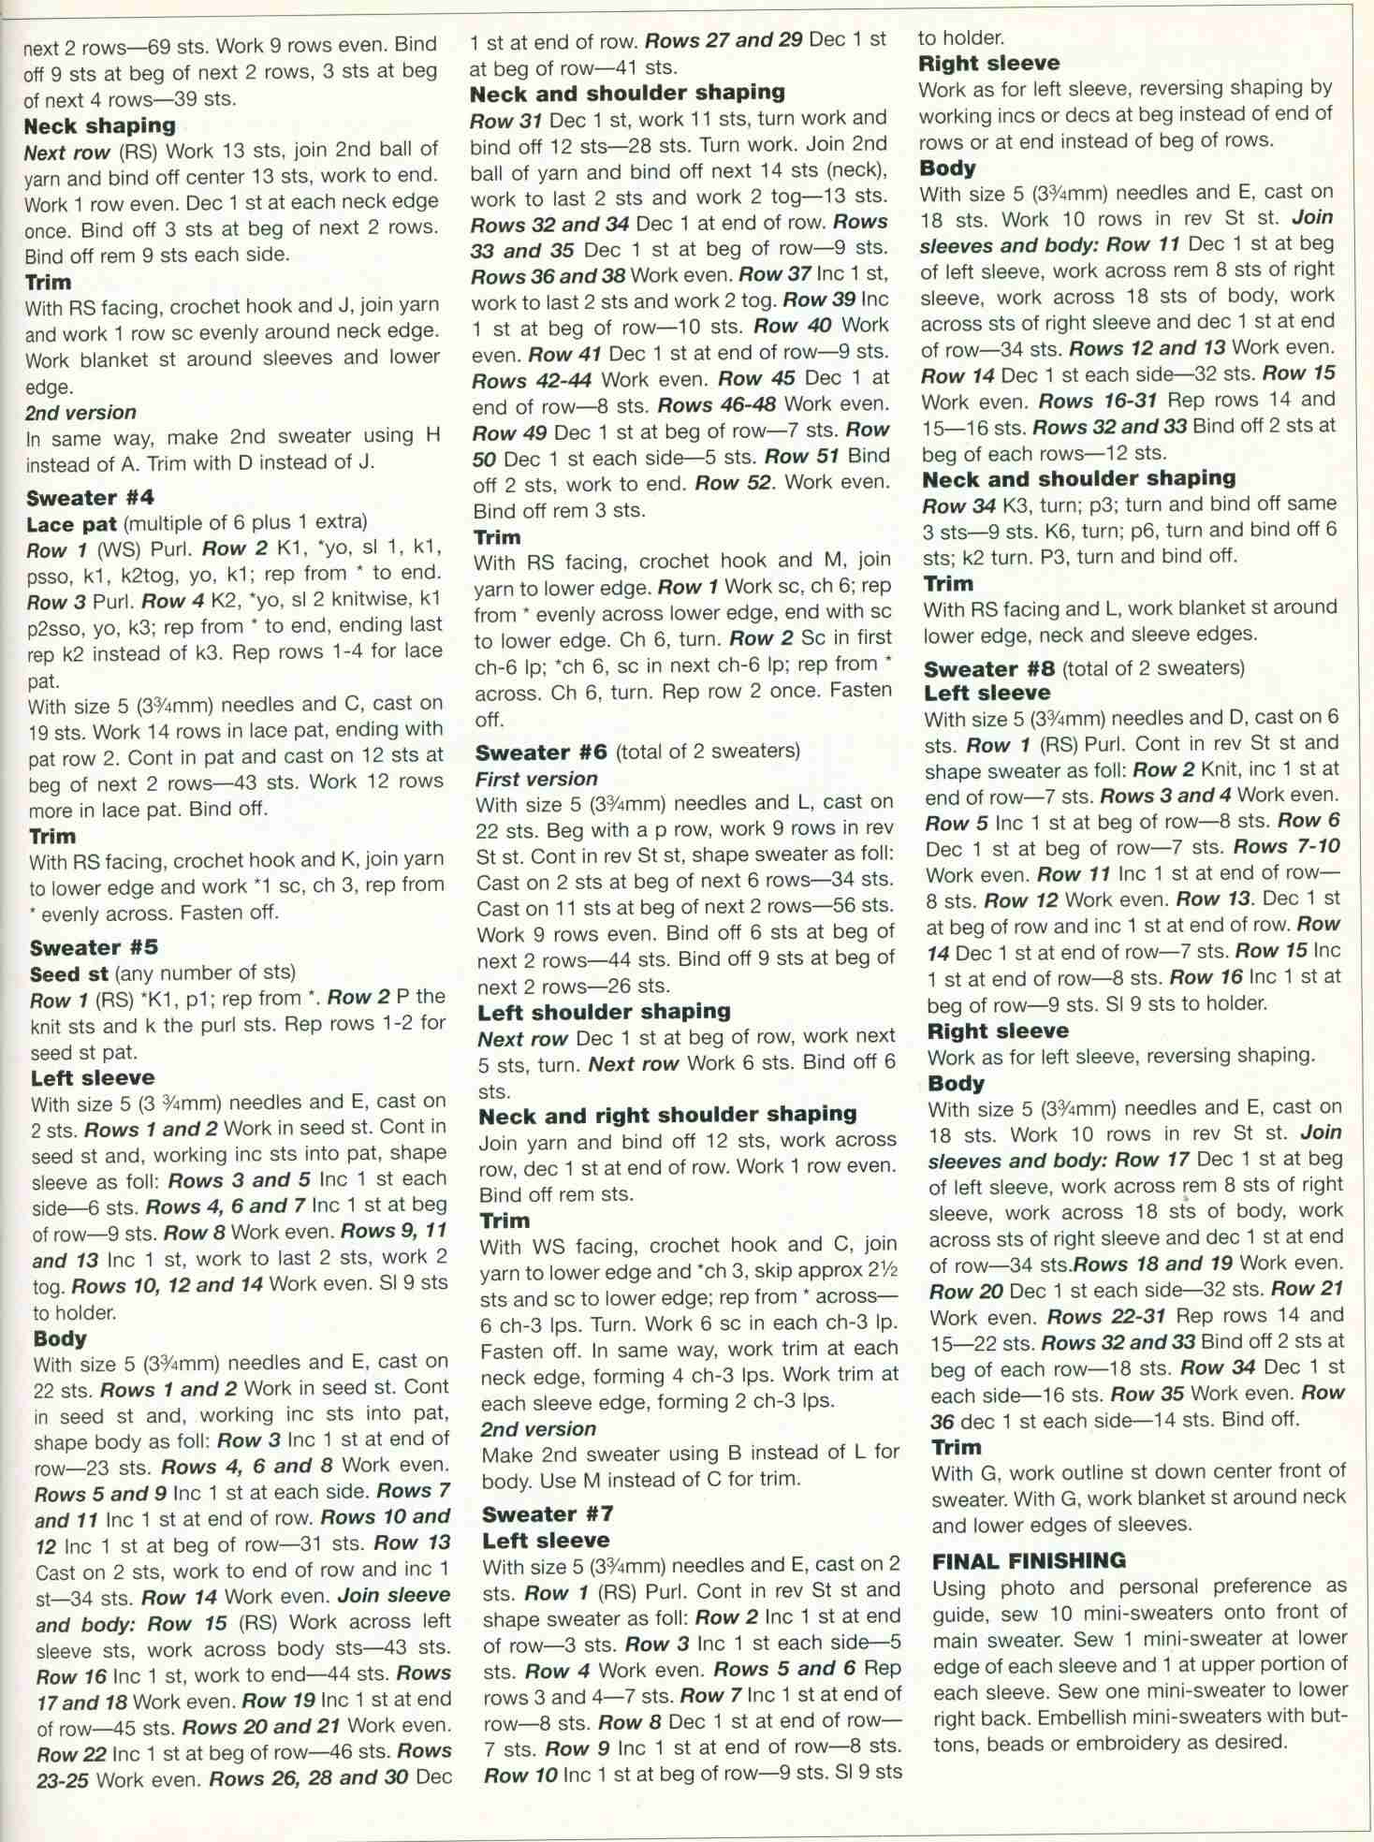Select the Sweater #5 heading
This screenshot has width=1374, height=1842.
pyautogui.click(x=94, y=947)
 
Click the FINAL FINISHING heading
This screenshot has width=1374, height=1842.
pyautogui.click(x=1029, y=1560)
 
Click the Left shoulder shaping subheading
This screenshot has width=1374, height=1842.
pyautogui.click(x=604, y=1012)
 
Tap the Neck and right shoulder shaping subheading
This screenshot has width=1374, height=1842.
pyautogui.click(x=667, y=1115)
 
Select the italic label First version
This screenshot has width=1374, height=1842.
pyautogui.click(x=535, y=779)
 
